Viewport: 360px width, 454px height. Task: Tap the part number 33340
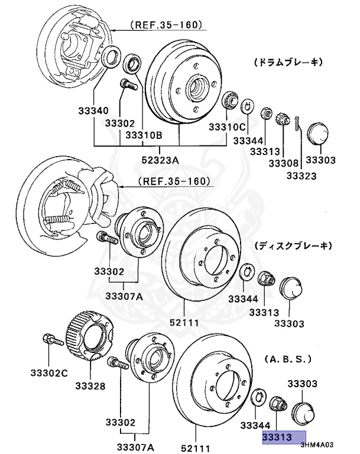point(93,111)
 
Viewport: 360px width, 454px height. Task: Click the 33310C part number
point(226,127)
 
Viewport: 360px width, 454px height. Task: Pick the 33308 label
point(284,163)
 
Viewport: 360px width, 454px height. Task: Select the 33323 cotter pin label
point(301,176)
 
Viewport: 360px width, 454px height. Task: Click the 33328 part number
point(90,387)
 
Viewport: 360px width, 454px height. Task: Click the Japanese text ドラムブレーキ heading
point(287,61)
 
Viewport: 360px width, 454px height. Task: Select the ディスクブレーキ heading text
point(293,245)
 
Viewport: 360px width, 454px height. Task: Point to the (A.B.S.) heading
point(287,359)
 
